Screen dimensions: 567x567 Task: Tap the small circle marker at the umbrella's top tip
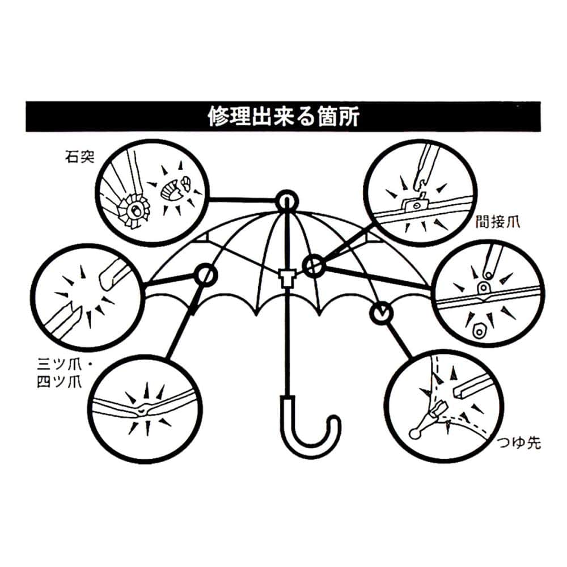point(287,201)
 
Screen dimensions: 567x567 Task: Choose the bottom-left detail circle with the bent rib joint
point(146,406)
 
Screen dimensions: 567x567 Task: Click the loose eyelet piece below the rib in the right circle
point(479,329)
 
